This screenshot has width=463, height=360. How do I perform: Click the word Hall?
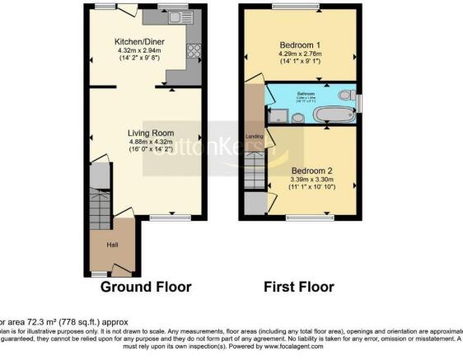[x=112, y=244]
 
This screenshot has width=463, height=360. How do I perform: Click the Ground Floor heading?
[x=146, y=288]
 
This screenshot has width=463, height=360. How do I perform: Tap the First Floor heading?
[x=298, y=288]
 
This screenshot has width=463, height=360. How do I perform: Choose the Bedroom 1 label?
[x=301, y=46]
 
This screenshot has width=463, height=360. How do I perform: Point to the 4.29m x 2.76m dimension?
[x=301, y=55]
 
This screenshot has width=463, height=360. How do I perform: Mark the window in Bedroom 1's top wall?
[x=286, y=7]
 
